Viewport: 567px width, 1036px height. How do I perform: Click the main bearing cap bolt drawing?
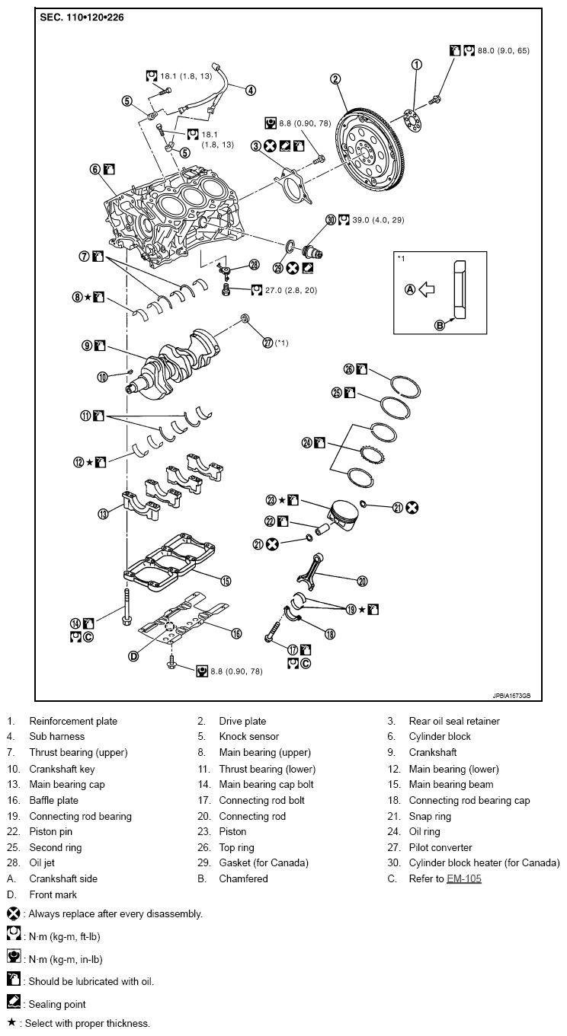(x=126, y=607)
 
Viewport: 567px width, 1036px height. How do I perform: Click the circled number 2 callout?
(x=335, y=79)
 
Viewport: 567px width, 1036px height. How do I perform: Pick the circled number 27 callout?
(x=267, y=343)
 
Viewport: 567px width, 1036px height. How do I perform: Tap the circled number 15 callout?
(x=226, y=581)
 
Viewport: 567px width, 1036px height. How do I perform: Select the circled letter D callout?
(x=133, y=656)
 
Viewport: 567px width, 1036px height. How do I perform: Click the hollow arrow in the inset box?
(x=427, y=289)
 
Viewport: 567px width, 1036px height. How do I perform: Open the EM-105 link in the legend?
(x=464, y=878)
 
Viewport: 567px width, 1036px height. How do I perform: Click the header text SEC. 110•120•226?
(x=82, y=18)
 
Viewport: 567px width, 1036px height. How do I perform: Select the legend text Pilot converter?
(x=440, y=847)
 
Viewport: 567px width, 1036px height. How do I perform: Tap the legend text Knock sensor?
(x=249, y=736)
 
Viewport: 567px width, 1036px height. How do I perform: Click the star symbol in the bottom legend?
(x=12, y=1022)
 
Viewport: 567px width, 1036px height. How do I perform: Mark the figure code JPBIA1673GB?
(x=511, y=696)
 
